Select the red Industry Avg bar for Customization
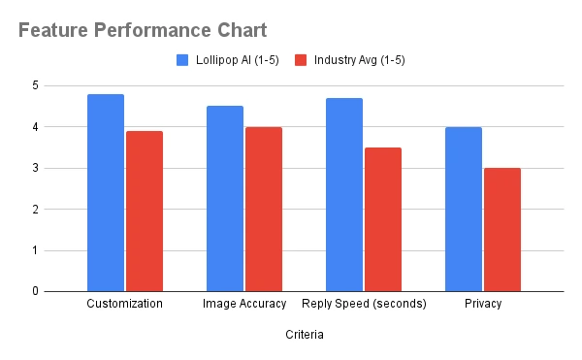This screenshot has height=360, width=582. point(144,211)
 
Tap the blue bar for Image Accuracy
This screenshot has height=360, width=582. point(225,198)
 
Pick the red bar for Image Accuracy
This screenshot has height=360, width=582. point(263,209)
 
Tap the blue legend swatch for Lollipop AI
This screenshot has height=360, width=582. point(182,60)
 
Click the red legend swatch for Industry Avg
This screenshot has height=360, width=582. point(301,60)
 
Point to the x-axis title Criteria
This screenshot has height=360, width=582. point(304,335)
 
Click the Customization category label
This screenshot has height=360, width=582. point(125,304)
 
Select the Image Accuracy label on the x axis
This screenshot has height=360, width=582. point(244,304)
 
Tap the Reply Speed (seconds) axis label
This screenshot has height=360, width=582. point(364,304)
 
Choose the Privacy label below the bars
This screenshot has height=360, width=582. point(483,304)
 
